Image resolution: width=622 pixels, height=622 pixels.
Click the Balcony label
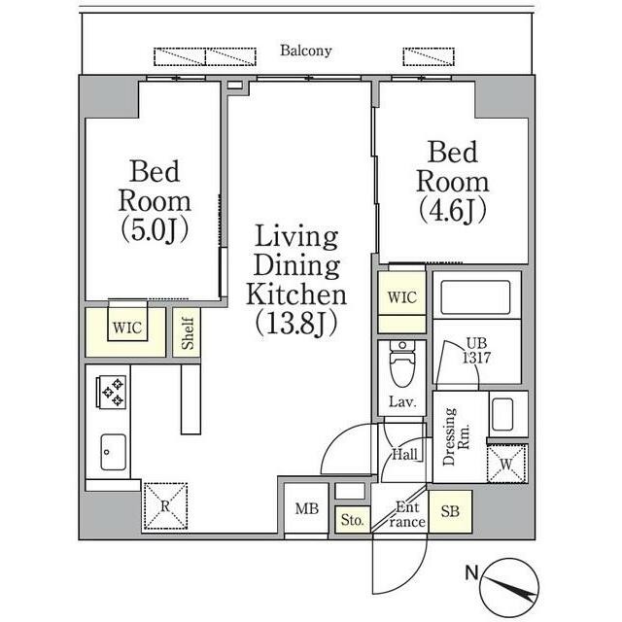coord(306,51)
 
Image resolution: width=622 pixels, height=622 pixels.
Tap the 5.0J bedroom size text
coord(155,230)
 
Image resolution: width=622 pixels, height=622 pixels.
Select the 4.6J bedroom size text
coord(453,210)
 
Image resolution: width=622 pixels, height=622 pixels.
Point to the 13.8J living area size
coord(296,323)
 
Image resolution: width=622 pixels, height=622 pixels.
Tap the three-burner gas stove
coord(111,392)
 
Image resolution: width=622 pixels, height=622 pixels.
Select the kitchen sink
coord(114,452)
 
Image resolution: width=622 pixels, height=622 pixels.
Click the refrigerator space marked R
coord(165,506)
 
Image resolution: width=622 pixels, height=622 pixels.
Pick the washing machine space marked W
coord(506,464)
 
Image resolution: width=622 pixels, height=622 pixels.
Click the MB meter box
coord(307,508)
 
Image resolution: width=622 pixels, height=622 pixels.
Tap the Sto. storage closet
coord(352,520)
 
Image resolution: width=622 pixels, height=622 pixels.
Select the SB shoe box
coord(450,512)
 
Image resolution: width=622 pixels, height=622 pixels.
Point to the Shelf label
coord(188,333)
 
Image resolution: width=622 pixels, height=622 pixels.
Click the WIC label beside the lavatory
coord(402,297)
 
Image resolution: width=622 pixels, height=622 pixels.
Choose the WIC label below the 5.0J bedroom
coord(127,328)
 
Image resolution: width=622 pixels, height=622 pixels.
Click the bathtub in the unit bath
coord(476,297)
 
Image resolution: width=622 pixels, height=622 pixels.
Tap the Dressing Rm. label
coord(456,436)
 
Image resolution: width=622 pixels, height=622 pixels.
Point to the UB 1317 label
coord(477,351)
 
